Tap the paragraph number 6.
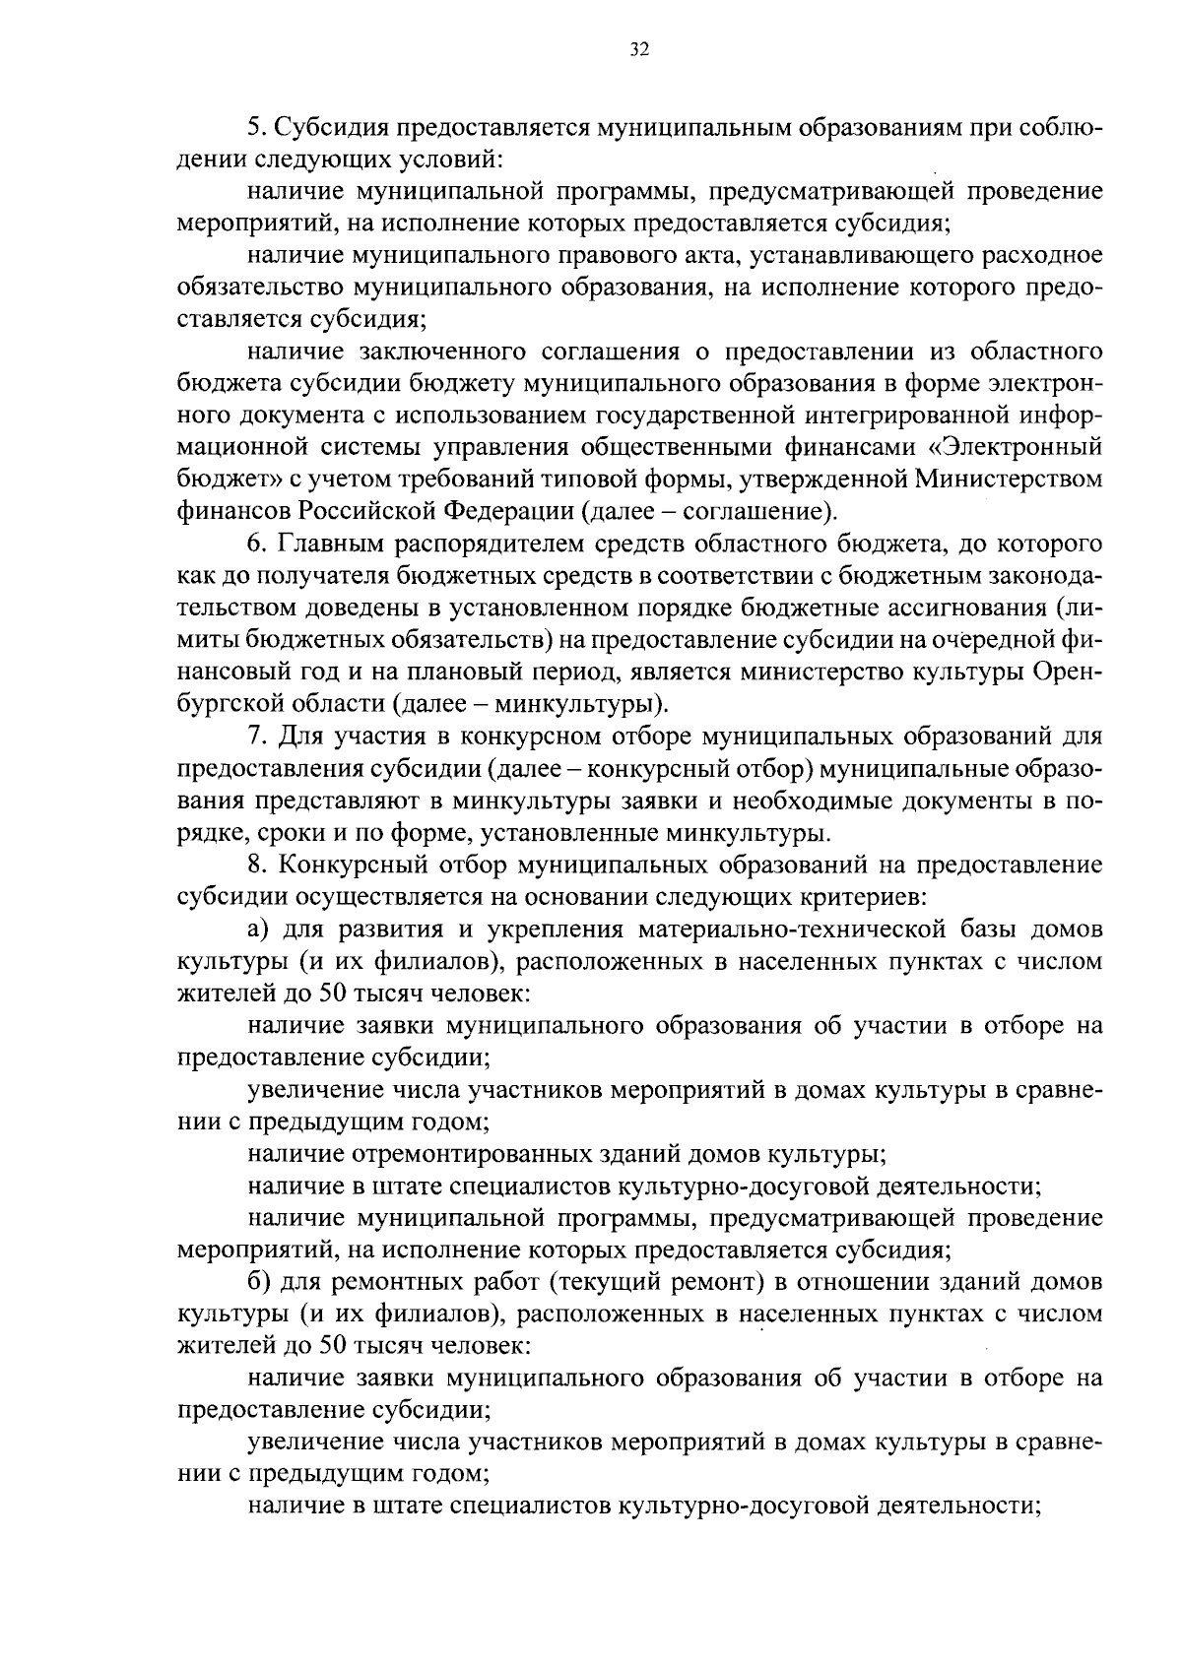click(253, 545)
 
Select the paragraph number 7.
click(253, 737)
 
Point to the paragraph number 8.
click(253, 866)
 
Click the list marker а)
click(258, 930)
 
